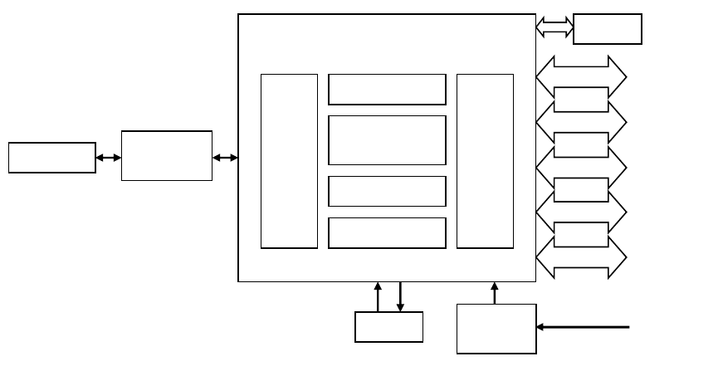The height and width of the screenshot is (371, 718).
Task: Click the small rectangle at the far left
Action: click(51, 158)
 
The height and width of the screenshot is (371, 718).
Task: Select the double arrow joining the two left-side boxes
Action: click(108, 158)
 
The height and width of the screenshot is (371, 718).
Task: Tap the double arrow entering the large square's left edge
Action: click(225, 158)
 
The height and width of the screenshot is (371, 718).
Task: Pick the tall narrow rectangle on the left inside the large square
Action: click(289, 161)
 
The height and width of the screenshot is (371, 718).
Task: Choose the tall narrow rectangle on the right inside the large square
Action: click(485, 161)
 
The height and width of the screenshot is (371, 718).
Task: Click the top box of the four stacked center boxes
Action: click(387, 90)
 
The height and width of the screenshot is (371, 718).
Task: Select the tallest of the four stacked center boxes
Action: click(387, 140)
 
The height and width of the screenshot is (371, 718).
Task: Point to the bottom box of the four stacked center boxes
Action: click(387, 232)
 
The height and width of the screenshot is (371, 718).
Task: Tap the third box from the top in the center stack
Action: click(387, 191)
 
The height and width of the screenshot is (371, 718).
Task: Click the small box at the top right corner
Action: click(607, 28)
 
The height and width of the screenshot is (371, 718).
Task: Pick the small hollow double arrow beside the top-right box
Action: click(554, 27)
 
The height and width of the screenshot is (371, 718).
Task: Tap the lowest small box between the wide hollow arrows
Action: click(580, 234)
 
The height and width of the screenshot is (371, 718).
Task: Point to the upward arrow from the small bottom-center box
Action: click(378, 297)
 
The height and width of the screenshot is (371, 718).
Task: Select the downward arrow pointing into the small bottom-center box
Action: click(400, 297)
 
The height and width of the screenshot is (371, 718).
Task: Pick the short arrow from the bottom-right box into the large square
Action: click(495, 293)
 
